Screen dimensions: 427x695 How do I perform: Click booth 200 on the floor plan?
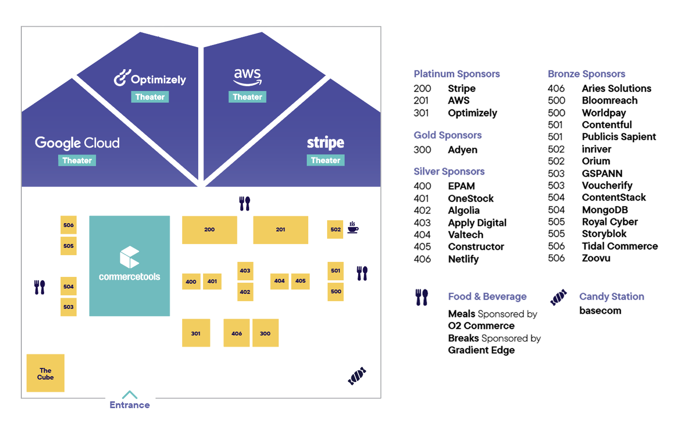pyautogui.click(x=209, y=229)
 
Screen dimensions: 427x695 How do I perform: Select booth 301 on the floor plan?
pyautogui.click(x=196, y=333)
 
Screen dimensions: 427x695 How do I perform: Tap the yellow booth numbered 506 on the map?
pyautogui.click(x=68, y=225)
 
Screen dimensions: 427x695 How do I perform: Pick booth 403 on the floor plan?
pyautogui.click(x=245, y=271)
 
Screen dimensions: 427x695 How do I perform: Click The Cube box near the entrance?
pyautogui.click(x=46, y=373)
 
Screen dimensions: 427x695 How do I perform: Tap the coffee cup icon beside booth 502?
pyautogui.click(x=353, y=228)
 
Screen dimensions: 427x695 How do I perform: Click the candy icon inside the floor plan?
pyautogui.click(x=357, y=376)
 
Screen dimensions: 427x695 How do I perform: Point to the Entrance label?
pyautogui.click(x=129, y=405)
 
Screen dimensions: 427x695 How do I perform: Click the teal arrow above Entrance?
pyautogui.click(x=129, y=395)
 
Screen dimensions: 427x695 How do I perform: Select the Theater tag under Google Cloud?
pyautogui.click(x=77, y=161)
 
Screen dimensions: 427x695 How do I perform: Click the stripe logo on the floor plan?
pyautogui.click(x=325, y=143)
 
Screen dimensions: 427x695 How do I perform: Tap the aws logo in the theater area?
pyautogui.click(x=247, y=76)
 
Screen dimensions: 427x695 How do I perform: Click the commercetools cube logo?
pyautogui.click(x=129, y=257)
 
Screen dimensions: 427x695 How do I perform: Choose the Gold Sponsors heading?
pyautogui.click(x=447, y=135)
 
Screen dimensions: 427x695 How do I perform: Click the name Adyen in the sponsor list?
pyautogui.click(x=462, y=150)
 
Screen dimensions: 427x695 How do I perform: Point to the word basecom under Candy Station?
pyautogui.click(x=600, y=311)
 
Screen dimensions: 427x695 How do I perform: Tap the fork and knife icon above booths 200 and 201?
pyautogui.click(x=245, y=203)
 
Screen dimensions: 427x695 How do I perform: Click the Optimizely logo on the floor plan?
pyautogui.click(x=150, y=78)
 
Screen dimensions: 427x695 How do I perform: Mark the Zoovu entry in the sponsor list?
pyautogui.click(x=596, y=258)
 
